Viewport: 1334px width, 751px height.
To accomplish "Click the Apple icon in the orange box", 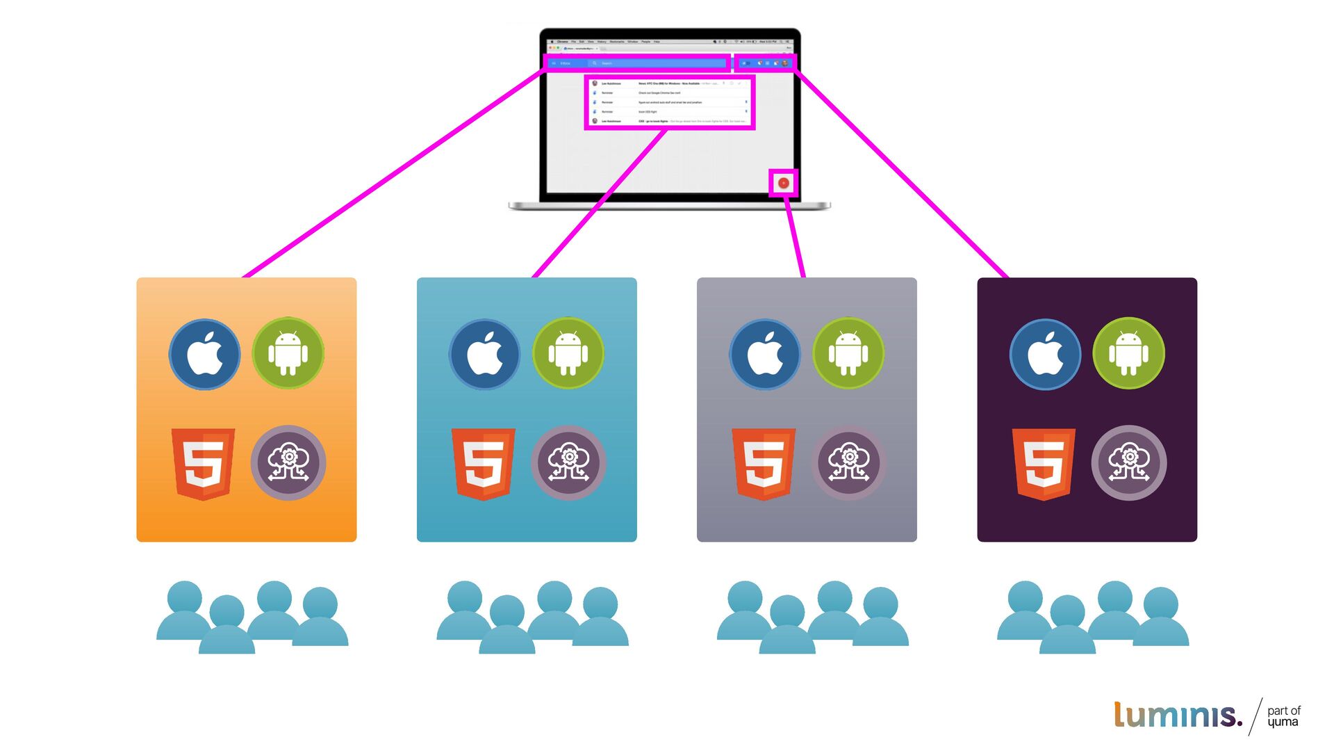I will [x=204, y=354].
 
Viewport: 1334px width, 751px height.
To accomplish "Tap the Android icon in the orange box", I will [x=288, y=353].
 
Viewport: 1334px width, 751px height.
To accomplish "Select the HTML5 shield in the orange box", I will [x=203, y=464].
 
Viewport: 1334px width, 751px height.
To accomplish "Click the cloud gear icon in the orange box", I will [x=288, y=463].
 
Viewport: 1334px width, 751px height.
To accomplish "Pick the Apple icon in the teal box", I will [x=484, y=354].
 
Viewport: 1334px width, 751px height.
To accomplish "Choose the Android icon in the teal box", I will [x=568, y=353].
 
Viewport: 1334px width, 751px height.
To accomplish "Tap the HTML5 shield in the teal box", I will [x=483, y=464].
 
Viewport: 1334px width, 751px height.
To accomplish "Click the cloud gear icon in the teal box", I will [x=568, y=463].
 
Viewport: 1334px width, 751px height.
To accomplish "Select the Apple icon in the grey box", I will [x=764, y=354].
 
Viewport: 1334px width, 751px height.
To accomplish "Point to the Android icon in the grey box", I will [x=848, y=353].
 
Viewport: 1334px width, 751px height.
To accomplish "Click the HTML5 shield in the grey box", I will [x=764, y=464].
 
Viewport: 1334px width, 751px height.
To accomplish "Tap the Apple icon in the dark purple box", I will [x=1045, y=354].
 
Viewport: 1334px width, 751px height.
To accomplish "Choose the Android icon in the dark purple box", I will [x=1128, y=353].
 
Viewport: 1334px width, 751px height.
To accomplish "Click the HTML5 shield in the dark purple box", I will [x=1044, y=464].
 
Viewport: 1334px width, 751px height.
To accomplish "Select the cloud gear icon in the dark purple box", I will [x=1129, y=463].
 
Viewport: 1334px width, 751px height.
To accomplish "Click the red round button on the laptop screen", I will [x=784, y=183].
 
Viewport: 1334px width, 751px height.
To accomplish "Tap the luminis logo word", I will [x=1177, y=715].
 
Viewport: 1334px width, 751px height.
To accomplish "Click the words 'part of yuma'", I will [x=1283, y=716].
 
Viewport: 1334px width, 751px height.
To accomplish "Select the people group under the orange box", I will [x=252, y=617].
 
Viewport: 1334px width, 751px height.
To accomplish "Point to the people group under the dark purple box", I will [x=1092, y=617].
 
